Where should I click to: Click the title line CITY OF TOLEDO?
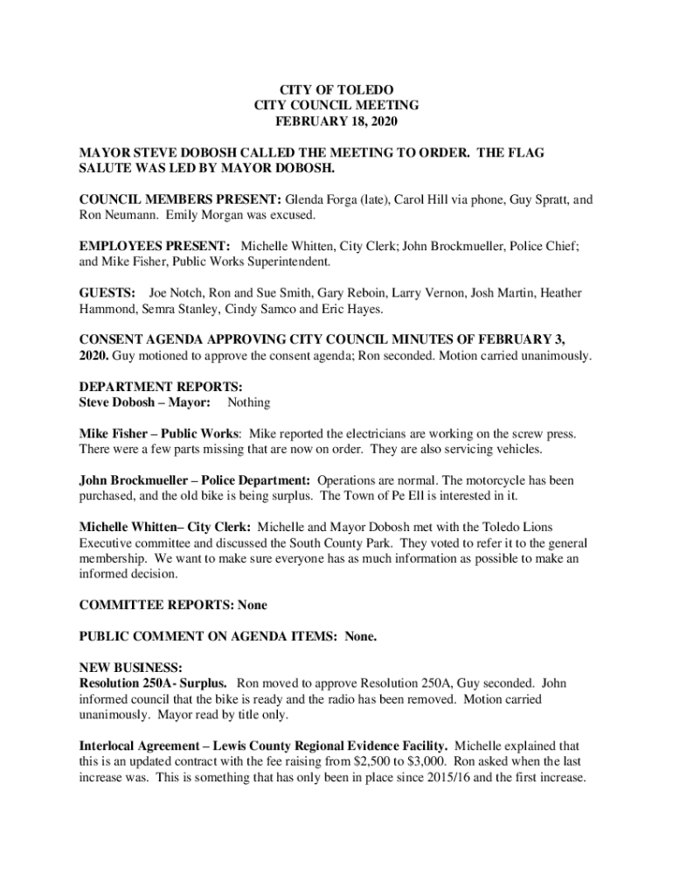point(336,90)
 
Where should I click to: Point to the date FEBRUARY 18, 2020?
point(336,121)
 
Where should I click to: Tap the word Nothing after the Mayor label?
point(249,402)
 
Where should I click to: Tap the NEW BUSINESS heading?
point(131,668)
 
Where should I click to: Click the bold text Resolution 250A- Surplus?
point(154,682)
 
